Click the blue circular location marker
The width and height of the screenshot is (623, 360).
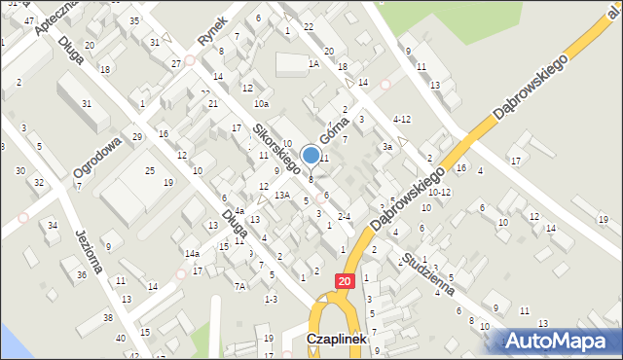click(x=311, y=155)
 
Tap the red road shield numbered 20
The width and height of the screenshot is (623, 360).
click(x=346, y=280)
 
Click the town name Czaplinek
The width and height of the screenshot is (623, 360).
click(x=336, y=339)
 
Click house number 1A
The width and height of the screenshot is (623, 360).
click(x=313, y=63)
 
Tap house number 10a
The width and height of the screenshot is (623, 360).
click(x=260, y=103)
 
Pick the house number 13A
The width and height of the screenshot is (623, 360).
click(x=281, y=195)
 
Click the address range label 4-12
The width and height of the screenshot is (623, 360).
click(x=401, y=119)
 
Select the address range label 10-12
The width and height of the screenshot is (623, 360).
click(x=439, y=193)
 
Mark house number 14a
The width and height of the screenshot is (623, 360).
click(x=193, y=254)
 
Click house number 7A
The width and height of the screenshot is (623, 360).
click(x=239, y=286)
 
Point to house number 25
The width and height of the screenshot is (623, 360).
click(x=149, y=171)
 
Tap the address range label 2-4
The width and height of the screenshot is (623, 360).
click(x=343, y=216)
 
